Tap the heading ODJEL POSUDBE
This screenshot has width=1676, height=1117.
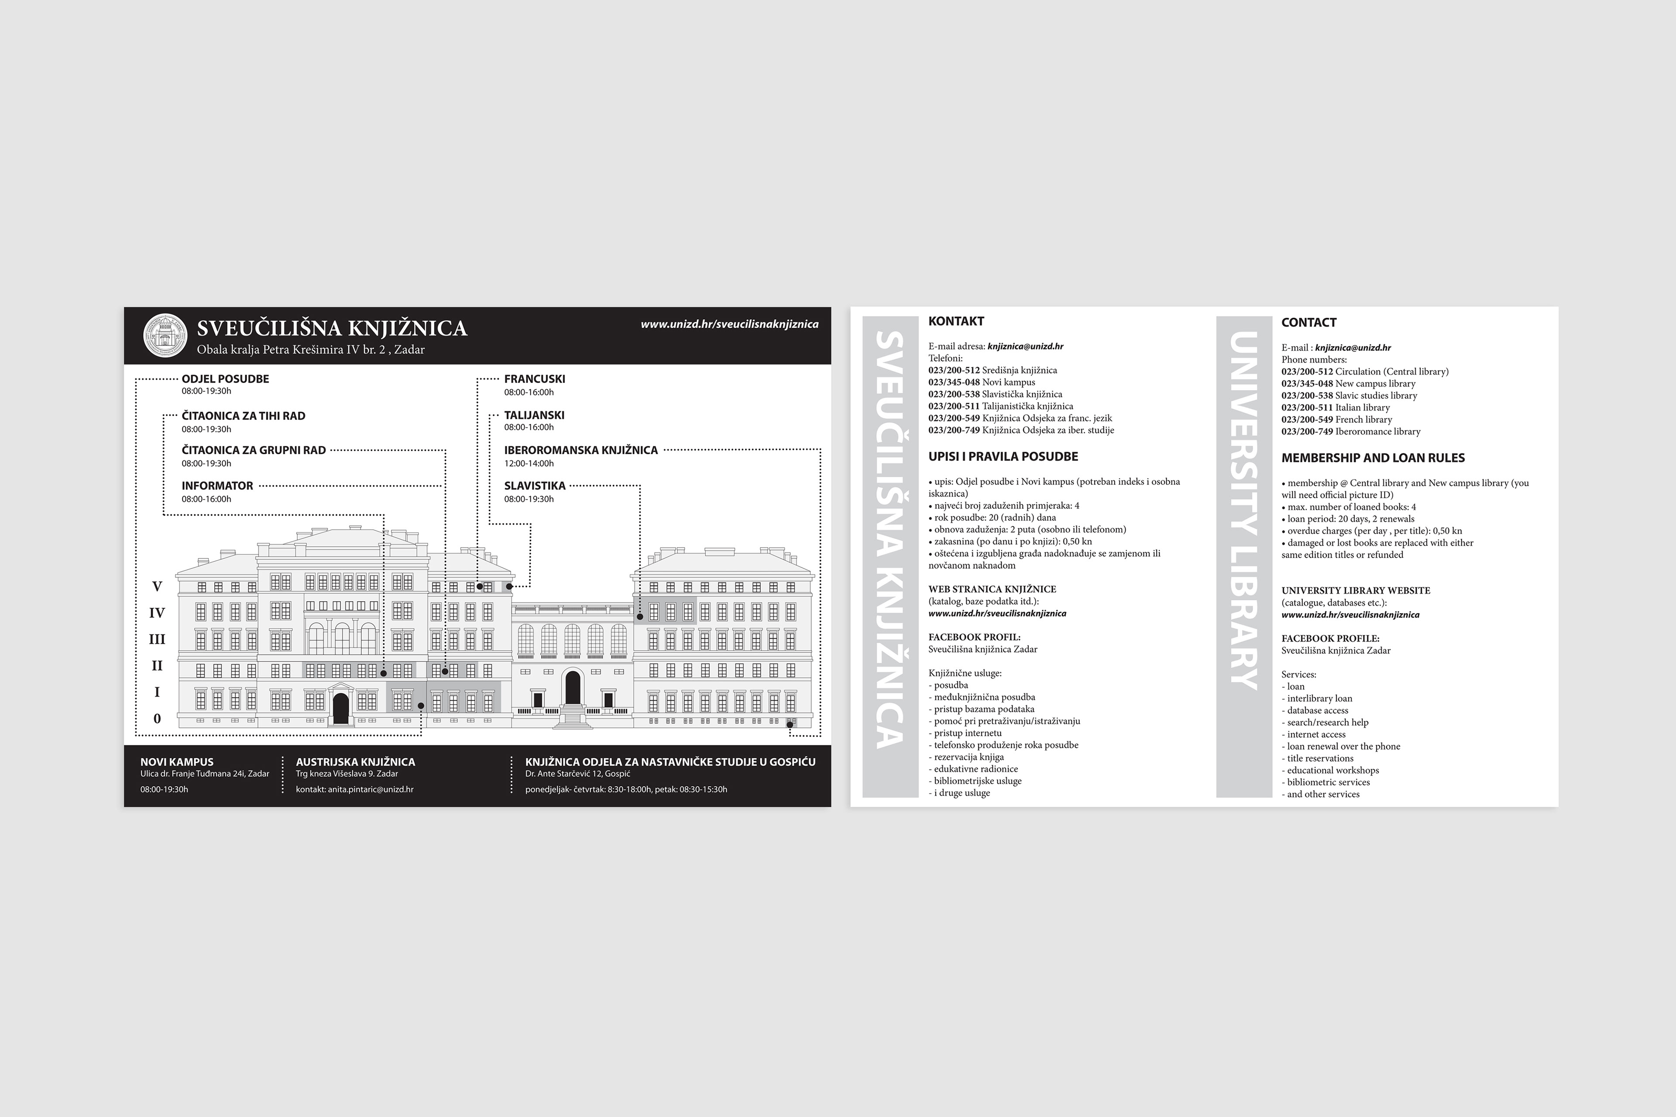tap(225, 379)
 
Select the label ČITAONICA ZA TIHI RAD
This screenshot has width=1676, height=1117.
tap(243, 416)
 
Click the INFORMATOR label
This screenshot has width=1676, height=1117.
tap(217, 486)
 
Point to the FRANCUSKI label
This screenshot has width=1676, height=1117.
tap(534, 379)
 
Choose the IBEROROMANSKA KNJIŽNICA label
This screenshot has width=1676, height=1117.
tap(581, 450)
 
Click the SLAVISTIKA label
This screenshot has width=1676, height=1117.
tap(534, 486)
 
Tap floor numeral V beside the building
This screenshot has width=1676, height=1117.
tap(157, 587)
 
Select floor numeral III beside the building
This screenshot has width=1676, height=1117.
tap(157, 640)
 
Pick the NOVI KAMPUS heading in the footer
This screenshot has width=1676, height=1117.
tap(177, 761)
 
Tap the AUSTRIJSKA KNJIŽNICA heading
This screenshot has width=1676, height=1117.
tap(355, 761)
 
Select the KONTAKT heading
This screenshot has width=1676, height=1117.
tap(955, 321)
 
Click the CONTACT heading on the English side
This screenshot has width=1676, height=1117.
tap(1309, 323)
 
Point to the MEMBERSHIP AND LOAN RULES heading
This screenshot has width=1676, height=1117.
tap(1372, 458)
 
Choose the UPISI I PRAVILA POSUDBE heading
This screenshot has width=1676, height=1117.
tap(1003, 457)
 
